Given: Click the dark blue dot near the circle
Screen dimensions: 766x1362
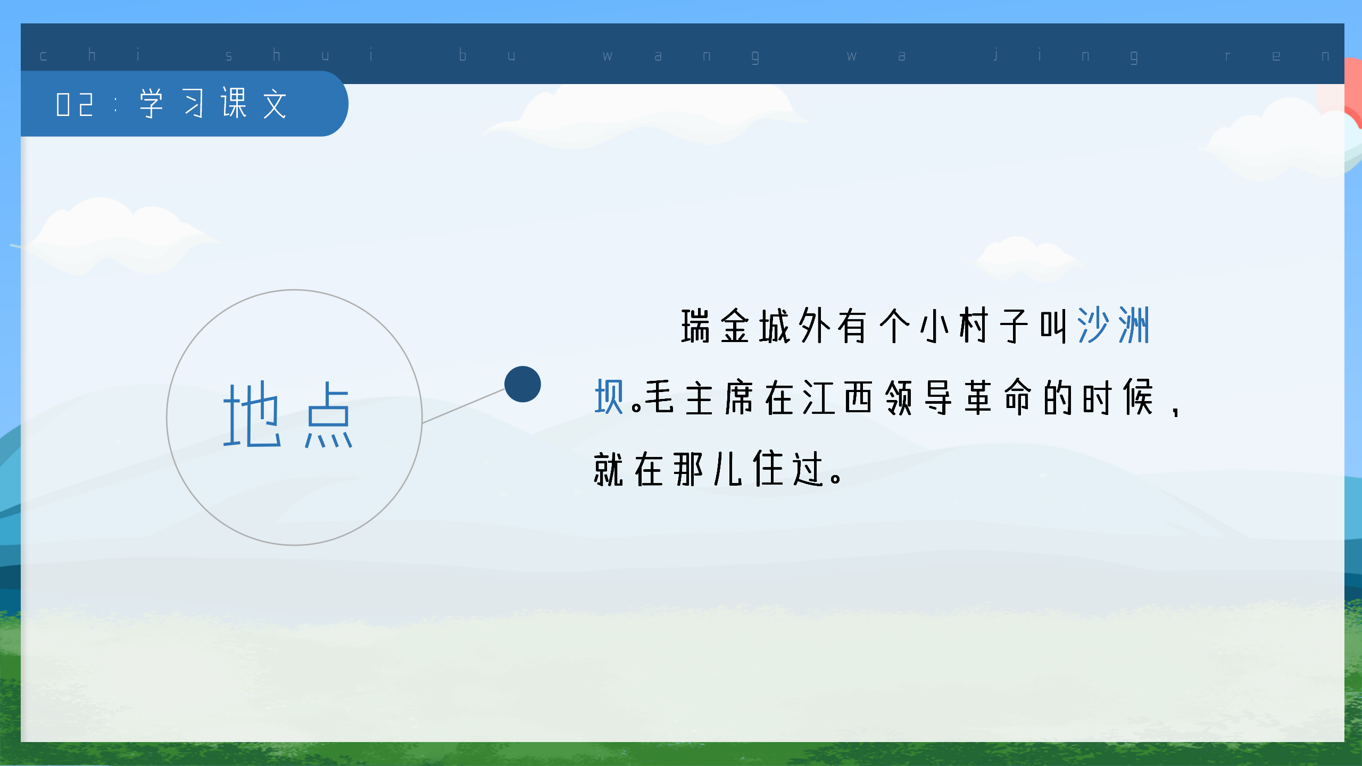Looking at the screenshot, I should [522, 384].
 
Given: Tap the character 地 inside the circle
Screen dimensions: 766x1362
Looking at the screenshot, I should [252, 415].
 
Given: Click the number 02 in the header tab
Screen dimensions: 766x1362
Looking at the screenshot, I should [75, 104].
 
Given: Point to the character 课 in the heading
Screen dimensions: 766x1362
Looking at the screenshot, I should [234, 103].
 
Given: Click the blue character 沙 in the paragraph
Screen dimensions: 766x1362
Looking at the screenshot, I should [1093, 326].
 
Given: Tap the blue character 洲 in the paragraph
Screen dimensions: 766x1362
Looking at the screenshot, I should [1134, 326].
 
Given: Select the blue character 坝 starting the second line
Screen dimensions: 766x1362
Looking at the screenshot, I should [609, 397].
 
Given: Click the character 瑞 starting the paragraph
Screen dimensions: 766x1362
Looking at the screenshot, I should [695, 326].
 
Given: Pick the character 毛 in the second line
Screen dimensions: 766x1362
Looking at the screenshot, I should [660, 397].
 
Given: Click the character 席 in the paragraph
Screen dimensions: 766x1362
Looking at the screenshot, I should [739, 397].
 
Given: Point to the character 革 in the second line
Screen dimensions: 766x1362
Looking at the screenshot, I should [978, 397].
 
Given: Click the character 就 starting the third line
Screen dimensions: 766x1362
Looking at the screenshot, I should [609, 469].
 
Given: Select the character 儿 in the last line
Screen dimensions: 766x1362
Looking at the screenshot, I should [728, 469].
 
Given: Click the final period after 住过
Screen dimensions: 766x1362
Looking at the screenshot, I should [836, 478].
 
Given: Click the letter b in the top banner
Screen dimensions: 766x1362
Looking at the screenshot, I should [462, 55].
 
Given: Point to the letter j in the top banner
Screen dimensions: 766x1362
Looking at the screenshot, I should [995, 55].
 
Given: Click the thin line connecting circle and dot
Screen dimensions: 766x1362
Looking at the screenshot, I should [463, 406].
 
